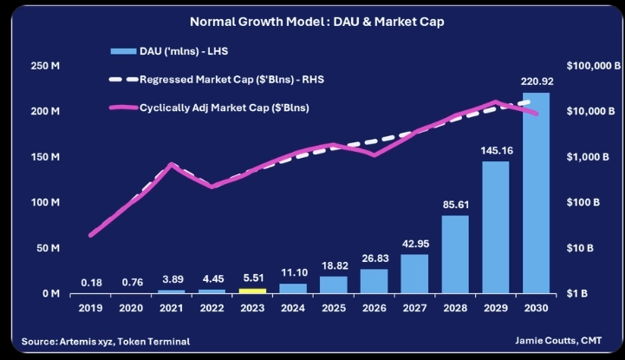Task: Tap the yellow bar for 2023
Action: click(x=252, y=291)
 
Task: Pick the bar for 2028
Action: click(x=455, y=254)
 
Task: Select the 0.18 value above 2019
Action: click(x=91, y=282)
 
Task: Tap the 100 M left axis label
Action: click(x=43, y=203)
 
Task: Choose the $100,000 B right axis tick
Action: click(x=591, y=66)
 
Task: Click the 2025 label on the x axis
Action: click(x=334, y=308)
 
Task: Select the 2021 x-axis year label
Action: click(x=173, y=308)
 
